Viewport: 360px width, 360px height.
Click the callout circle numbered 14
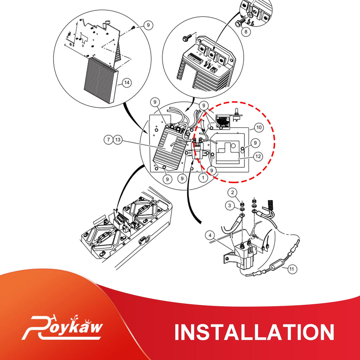[x=127, y=83]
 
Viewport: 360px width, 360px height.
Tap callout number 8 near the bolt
[x=246, y=31]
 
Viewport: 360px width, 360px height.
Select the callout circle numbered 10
[x=259, y=127]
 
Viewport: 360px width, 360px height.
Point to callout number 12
[x=258, y=156]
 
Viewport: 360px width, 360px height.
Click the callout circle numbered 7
[x=108, y=140]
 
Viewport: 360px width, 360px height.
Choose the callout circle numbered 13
[x=118, y=140]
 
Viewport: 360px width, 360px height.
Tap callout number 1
[x=203, y=178]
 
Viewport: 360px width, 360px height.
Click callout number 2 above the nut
[x=233, y=192]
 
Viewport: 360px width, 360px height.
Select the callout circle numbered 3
[x=230, y=205]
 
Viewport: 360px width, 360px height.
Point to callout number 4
[x=210, y=235]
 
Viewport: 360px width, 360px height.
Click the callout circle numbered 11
[x=291, y=269]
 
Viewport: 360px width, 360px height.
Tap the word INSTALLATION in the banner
[x=255, y=332]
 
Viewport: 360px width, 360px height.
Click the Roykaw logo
[x=62, y=327]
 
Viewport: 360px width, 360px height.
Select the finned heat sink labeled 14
[x=100, y=80]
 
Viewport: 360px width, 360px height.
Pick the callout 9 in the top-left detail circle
[x=148, y=25]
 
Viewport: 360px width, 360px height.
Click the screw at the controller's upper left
[x=186, y=38]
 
